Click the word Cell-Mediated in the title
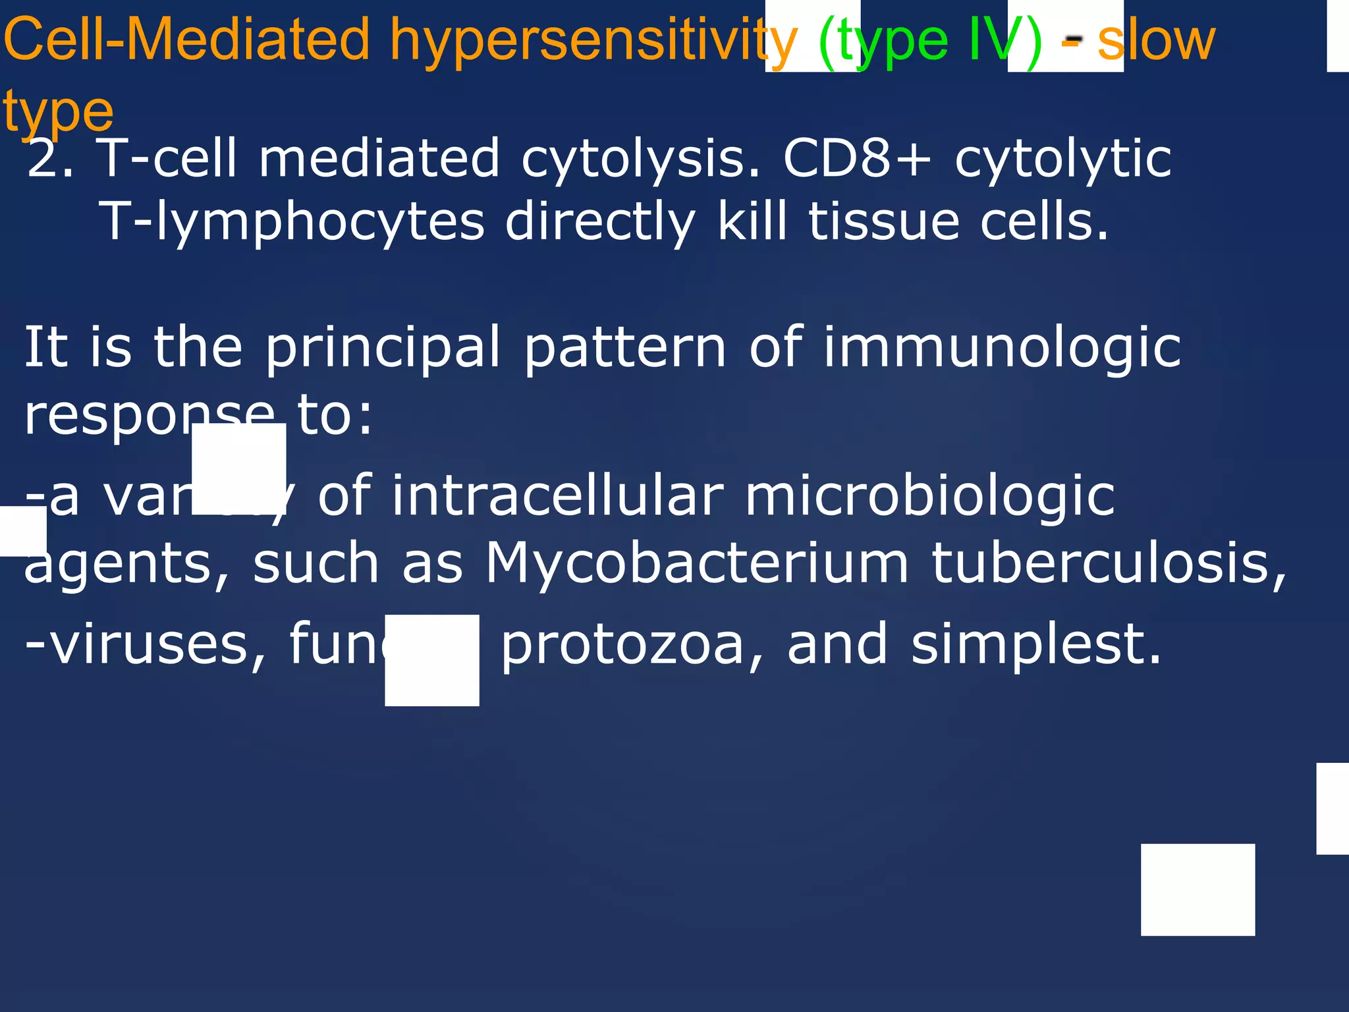(x=187, y=41)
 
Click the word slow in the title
(x=1156, y=41)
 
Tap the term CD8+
(x=857, y=159)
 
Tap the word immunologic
(x=1002, y=347)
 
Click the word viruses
(x=145, y=644)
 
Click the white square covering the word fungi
(x=432, y=660)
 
